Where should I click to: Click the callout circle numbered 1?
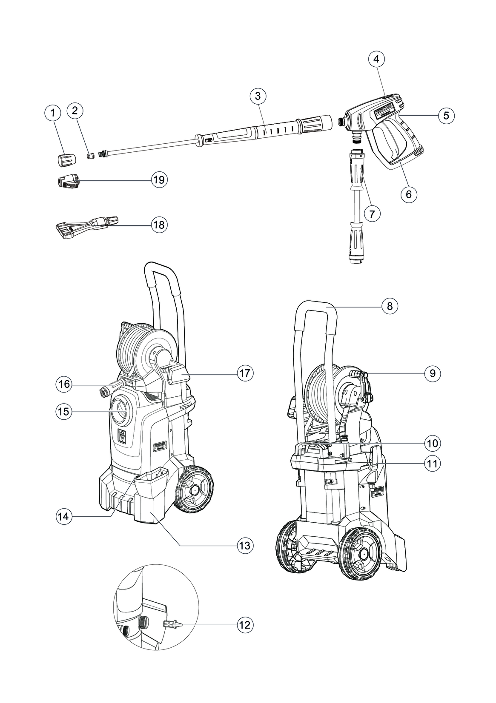click(x=52, y=113)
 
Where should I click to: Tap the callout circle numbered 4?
click(x=376, y=59)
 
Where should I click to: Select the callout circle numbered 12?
click(x=245, y=625)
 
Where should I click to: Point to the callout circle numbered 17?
click(x=245, y=373)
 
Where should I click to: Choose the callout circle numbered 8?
click(x=390, y=306)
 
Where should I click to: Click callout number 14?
click(x=63, y=516)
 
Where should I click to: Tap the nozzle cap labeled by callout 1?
click(x=66, y=161)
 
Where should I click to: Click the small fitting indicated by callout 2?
click(x=90, y=155)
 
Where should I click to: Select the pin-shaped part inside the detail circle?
click(x=172, y=624)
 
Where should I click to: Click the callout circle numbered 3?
click(x=258, y=96)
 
